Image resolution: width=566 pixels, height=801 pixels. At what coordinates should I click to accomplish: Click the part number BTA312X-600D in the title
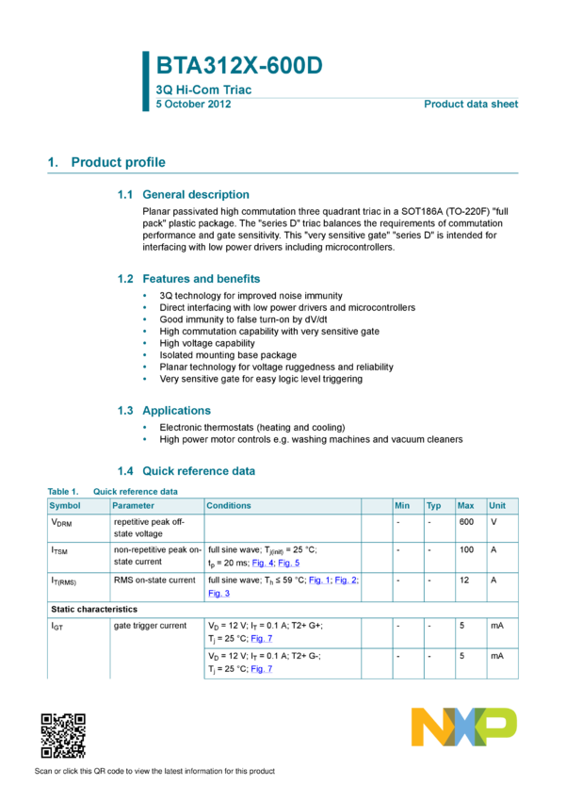pyautogui.click(x=239, y=66)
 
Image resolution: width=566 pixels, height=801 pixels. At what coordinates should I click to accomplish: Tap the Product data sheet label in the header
pyautogui.click(x=471, y=104)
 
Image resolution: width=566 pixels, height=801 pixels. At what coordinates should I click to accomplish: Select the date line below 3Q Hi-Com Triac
pyautogui.click(x=193, y=104)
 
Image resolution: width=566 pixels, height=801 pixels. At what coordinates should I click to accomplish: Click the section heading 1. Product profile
pyautogui.click(x=106, y=162)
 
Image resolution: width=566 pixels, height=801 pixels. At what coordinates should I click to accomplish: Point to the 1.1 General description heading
pyautogui.click(x=184, y=194)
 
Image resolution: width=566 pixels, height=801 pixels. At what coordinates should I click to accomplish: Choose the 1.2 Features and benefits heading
pyautogui.click(x=189, y=279)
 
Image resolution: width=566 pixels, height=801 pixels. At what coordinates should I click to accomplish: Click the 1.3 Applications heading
pyautogui.click(x=164, y=411)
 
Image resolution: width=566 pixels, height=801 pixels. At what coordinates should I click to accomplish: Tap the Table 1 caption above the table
pyautogui.click(x=112, y=491)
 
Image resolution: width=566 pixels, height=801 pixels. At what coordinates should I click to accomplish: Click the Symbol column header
pyautogui.click(x=65, y=506)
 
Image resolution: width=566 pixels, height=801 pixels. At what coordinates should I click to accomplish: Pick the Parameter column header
pyautogui.click(x=133, y=506)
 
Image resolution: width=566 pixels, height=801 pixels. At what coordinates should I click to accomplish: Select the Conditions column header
pyautogui.click(x=229, y=506)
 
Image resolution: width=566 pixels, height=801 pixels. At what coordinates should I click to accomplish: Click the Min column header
pyautogui.click(x=402, y=506)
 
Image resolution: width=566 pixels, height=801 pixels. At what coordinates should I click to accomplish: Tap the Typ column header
pyautogui.click(x=433, y=506)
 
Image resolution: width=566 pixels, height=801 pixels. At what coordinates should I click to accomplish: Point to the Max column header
pyautogui.click(x=465, y=506)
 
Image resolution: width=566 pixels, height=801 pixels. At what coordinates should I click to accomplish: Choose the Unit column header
pyautogui.click(x=497, y=506)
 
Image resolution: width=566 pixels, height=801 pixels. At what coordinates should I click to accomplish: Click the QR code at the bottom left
pyautogui.click(x=63, y=736)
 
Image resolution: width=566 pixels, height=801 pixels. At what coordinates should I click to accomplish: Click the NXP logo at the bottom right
pyautogui.click(x=463, y=727)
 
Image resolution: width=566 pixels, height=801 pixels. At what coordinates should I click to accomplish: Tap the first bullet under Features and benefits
pyautogui.click(x=145, y=296)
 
